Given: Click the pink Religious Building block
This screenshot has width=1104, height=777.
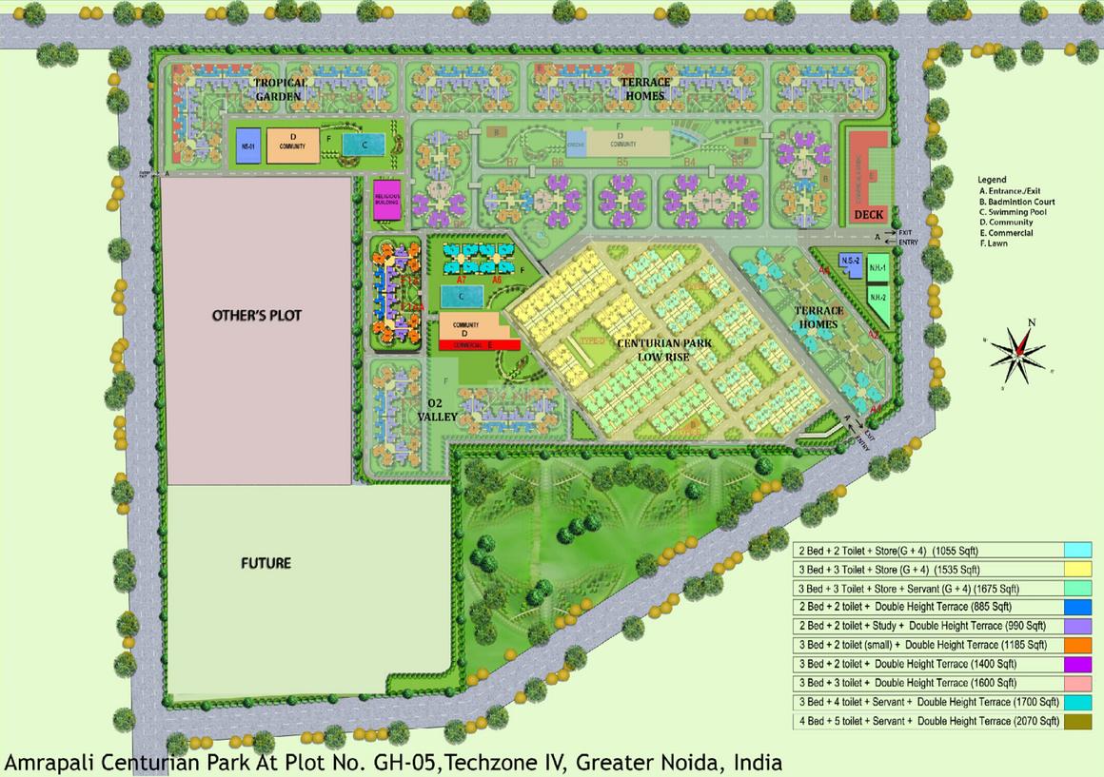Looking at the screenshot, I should [x=386, y=200].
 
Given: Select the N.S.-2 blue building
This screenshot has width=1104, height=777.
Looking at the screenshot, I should [x=850, y=261].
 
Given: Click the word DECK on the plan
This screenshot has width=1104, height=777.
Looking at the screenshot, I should [x=869, y=215].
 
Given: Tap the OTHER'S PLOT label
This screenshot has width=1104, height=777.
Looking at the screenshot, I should [x=256, y=315].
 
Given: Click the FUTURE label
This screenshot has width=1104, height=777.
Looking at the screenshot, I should [x=266, y=563].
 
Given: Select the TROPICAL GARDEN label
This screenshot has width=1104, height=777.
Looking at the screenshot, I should [x=280, y=88].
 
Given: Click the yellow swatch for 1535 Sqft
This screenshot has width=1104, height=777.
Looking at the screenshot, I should [x=1077, y=570].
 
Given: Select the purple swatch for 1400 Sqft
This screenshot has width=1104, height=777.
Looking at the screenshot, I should [x=1077, y=664].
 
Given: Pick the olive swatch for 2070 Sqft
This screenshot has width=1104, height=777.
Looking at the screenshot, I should [x=1077, y=721].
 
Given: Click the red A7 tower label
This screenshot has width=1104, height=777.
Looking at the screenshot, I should [x=461, y=281].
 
